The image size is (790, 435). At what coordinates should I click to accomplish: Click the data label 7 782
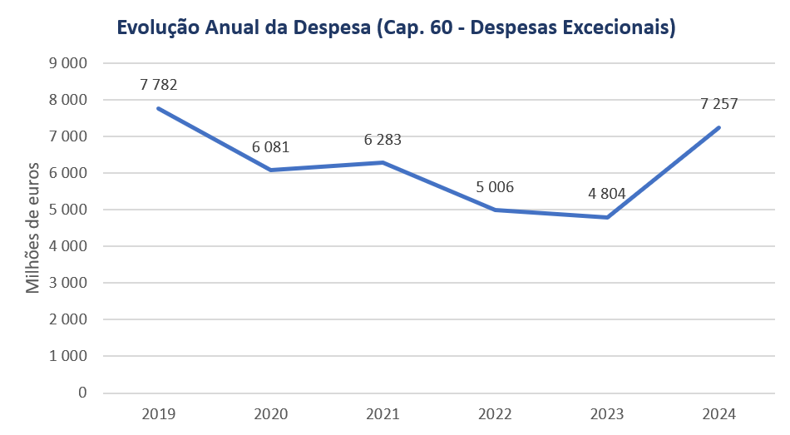coord(159,84)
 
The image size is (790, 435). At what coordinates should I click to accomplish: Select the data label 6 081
coord(271,147)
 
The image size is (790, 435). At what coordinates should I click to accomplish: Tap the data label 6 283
coord(383,140)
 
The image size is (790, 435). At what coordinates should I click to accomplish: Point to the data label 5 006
coord(495,187)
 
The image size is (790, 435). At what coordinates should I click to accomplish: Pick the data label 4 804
coord(607,194)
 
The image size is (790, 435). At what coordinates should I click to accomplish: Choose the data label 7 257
coord(719,104)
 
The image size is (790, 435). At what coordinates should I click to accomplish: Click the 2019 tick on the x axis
coord(159,413)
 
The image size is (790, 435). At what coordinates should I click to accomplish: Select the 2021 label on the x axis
coord(383,413)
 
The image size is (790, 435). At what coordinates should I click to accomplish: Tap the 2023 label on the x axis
coord(607,413)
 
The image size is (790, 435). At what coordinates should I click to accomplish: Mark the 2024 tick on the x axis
coord(719,413)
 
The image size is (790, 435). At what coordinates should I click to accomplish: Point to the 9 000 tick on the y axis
coord(69,63)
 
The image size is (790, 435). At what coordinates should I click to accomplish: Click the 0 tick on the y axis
coord(82,393)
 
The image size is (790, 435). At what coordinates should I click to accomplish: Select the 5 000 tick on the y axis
coord(69,210)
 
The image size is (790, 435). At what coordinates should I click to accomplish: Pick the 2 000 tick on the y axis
coord(69,319)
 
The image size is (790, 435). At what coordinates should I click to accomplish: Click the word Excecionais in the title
coord(617,28)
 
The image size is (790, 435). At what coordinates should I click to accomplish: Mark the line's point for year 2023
coord(607,217)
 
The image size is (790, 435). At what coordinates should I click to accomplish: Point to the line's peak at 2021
coord(383,162)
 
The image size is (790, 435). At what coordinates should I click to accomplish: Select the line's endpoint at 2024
coord(718,127)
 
